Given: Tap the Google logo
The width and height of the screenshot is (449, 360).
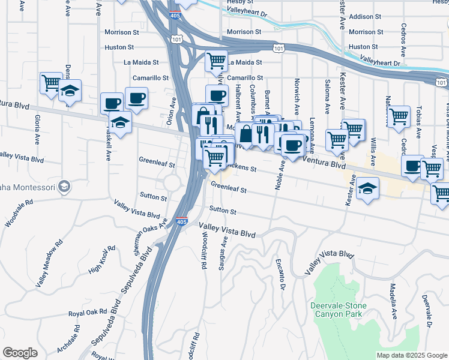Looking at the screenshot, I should [x=20, y=353].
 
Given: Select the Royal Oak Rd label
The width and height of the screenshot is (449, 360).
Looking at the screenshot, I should [x=87, y=313].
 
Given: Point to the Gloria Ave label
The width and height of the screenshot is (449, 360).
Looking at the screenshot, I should [x=37, y=130].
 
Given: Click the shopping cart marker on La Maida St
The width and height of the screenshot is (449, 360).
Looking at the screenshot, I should [x=216, y=61].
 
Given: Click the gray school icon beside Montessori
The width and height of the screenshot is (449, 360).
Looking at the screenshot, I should [x=63, y=188].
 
